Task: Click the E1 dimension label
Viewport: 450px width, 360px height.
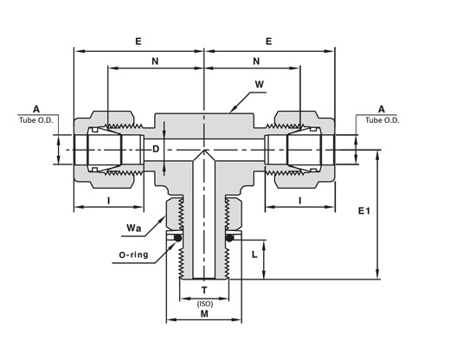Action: (x=363, y=211)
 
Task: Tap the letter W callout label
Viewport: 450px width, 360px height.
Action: (x=260, y=85)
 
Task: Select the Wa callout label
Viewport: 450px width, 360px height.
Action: (x=134, y=228)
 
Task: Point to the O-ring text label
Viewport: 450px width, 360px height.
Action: (x=133, y=254)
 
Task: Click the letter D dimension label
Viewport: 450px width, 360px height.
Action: (x=156, y=149)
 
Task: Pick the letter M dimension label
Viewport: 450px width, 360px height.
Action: (x=204, y=313)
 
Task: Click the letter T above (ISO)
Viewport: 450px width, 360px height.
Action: (x=204, y=290)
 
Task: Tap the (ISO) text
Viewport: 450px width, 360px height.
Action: (x=205, y=304)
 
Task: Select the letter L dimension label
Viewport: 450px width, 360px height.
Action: (x=254, y=254)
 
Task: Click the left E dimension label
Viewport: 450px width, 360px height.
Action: (x=138, y=42)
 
